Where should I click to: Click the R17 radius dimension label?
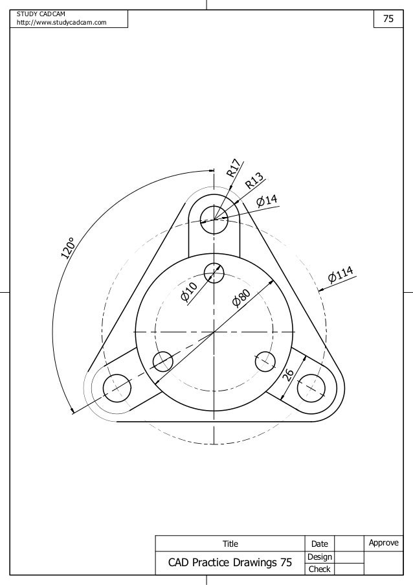tap(235, 167)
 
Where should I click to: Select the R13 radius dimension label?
tap(254, 181)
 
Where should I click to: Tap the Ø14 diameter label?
tap(267, 201)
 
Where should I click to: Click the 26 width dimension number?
tap(288, 375)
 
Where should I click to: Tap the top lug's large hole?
tap(214, 218)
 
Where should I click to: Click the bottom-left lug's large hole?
tap(117, 387)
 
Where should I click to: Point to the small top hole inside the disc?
tap(214, 274)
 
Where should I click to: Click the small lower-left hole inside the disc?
tap(162, 361)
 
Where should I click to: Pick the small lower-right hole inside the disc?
tap(265, 361)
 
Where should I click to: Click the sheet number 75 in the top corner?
tap(388, 19)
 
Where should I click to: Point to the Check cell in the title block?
tap(320, 569)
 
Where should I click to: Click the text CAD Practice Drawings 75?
tap(230, 563)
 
